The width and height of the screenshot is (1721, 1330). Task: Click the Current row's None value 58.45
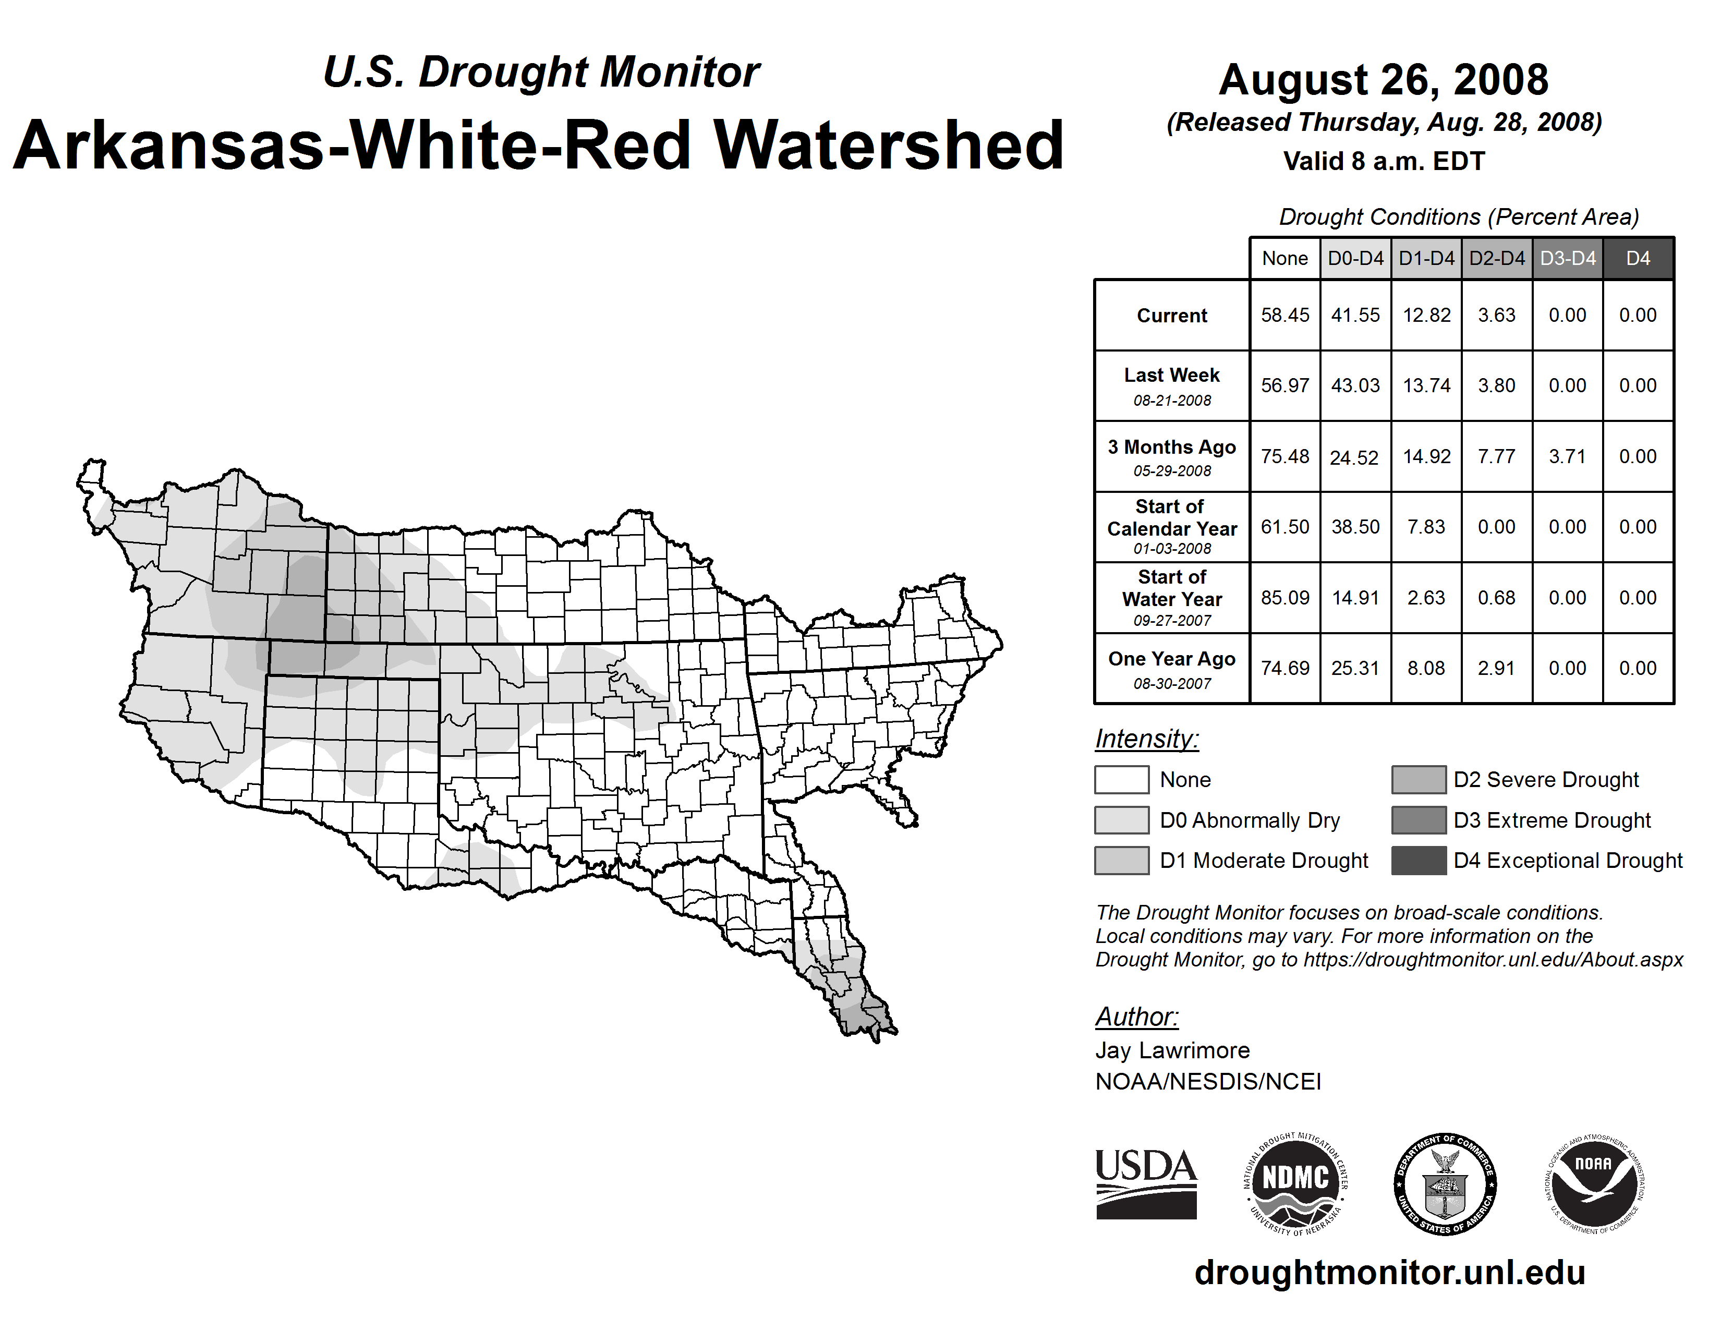1284,315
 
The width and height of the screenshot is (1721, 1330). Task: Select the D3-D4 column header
1567,258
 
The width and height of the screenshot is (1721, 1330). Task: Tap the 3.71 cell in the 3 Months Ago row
1567,456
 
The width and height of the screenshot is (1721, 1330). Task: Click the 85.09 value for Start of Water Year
1284,598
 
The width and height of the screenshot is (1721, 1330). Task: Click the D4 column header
1638,258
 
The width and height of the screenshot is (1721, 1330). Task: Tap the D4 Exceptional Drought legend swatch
1419,861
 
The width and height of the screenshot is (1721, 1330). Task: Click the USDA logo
1146,1183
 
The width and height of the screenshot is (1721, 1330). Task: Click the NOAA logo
1593,1183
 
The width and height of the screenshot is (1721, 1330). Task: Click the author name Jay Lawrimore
1172,1050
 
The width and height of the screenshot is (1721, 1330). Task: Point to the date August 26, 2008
1383,80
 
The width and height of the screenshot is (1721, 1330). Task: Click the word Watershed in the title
888,146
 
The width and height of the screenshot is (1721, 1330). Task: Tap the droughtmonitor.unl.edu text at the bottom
1389,1273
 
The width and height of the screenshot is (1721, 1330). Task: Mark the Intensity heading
1146,739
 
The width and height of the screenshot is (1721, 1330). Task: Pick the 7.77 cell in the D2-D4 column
1496,456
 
